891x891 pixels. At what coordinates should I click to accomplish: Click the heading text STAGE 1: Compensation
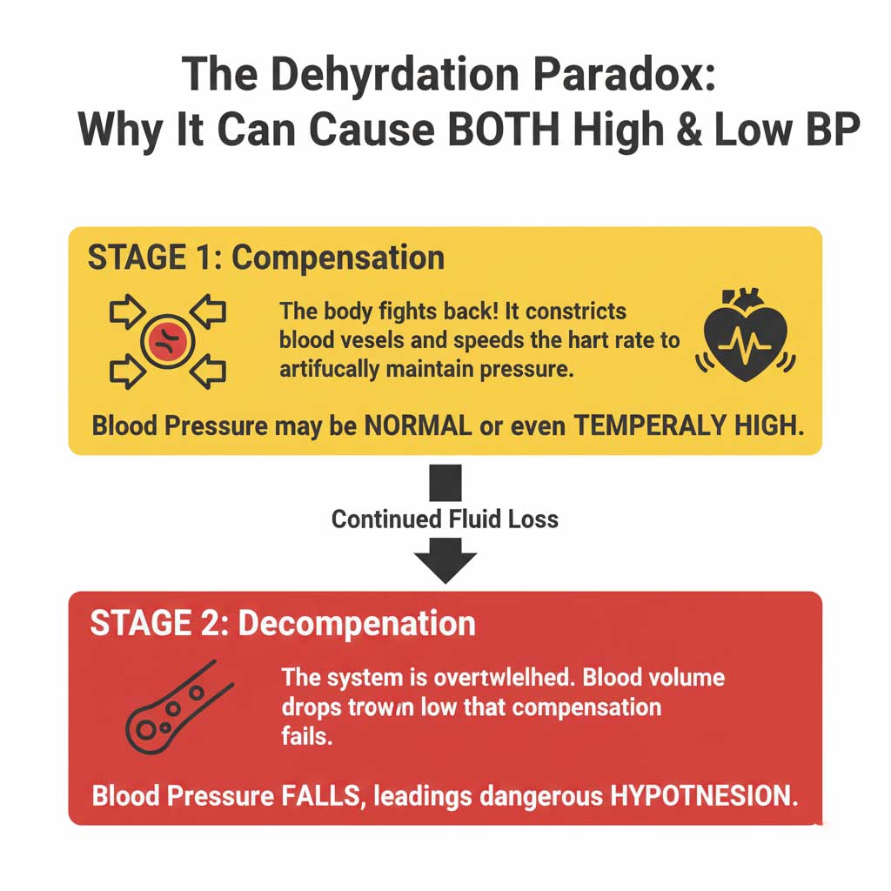(266, 258)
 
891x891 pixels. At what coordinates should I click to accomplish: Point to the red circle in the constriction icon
(166, 339)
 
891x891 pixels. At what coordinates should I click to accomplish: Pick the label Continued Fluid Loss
(445, 519)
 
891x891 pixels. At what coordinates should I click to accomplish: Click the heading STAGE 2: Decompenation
(283, 623)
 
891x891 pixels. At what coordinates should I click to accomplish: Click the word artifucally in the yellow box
(325, 368)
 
